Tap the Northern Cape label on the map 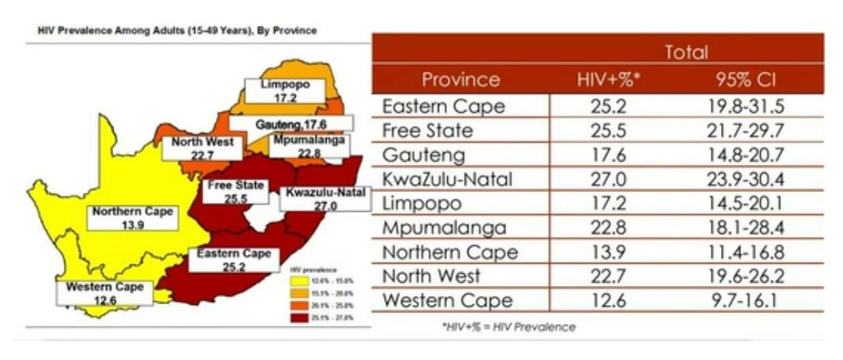(x=131, y=218)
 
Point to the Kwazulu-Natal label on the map (x=325, y=199)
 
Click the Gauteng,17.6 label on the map (x=291, y=124)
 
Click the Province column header (x=461, y=80)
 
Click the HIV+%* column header (x=607, y=80)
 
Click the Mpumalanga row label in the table (x=444, y=229)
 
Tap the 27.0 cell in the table (x=607, y=179)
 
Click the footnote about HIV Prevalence (x=508, y=327)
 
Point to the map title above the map (x=173, y=31)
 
